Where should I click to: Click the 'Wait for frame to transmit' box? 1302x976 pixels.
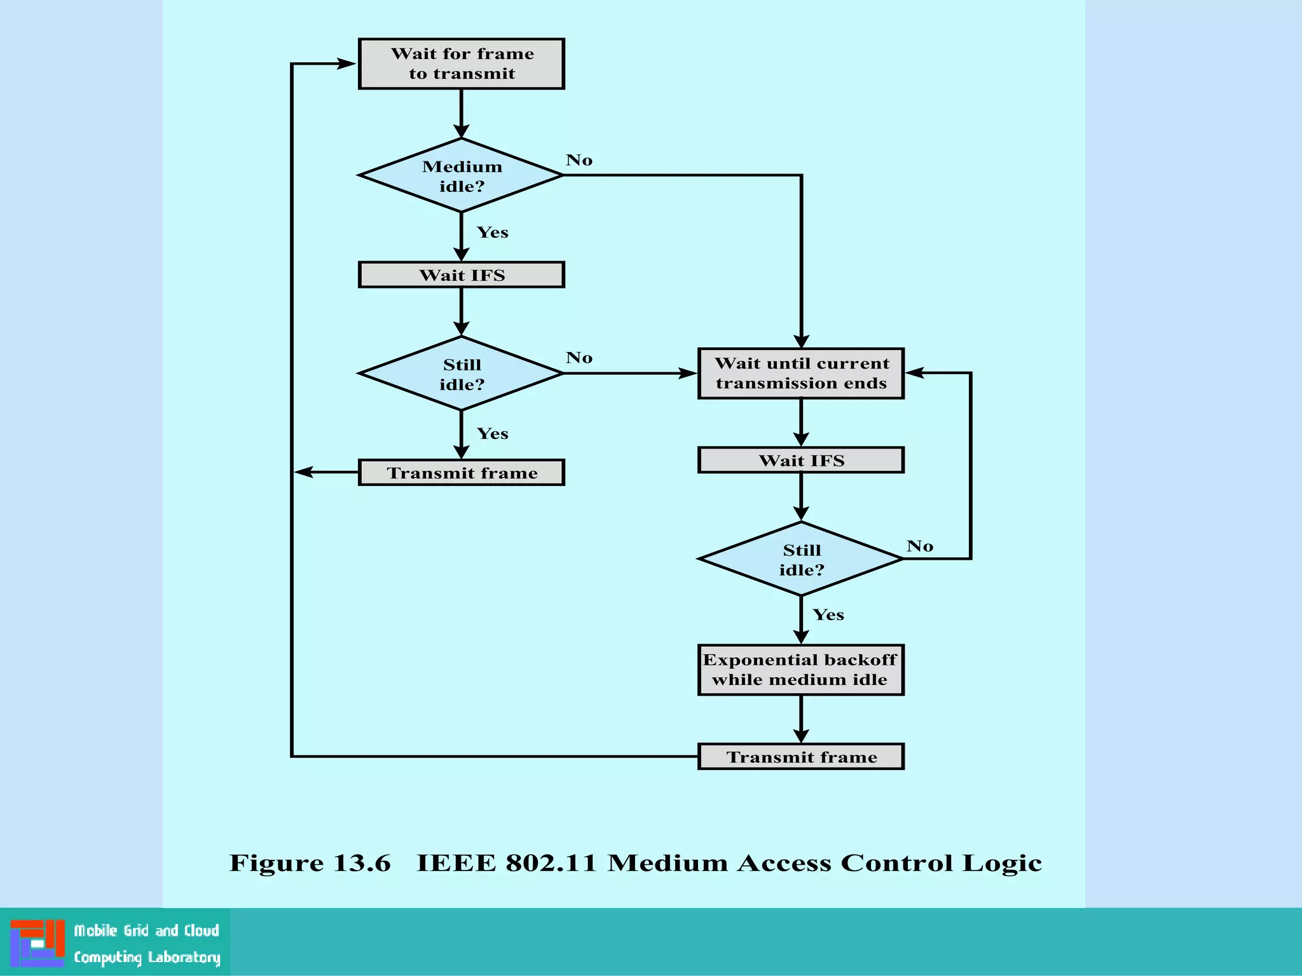461,64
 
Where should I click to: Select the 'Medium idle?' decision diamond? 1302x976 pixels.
461,175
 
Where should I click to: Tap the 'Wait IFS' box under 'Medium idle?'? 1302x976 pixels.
461,274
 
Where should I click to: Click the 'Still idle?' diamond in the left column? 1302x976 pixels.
461,374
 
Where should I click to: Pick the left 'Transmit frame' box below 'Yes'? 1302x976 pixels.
461,473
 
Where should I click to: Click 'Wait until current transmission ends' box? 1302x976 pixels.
800,373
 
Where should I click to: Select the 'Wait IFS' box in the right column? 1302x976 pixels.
800,460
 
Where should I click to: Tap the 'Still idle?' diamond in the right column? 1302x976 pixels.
800,559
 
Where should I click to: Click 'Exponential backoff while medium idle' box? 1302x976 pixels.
800,670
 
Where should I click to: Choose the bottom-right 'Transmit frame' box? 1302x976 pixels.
800,757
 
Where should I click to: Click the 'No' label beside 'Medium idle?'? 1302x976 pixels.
579,160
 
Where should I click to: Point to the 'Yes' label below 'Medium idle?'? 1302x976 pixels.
493,233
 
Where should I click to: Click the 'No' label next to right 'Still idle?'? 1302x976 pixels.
920,546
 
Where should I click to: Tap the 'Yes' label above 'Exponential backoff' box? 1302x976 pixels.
828,615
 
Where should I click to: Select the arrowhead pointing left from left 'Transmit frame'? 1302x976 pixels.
305,472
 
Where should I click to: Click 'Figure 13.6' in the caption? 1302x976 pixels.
310,864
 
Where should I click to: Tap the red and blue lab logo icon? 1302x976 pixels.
38,943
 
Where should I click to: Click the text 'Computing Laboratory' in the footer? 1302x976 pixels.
147,958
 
